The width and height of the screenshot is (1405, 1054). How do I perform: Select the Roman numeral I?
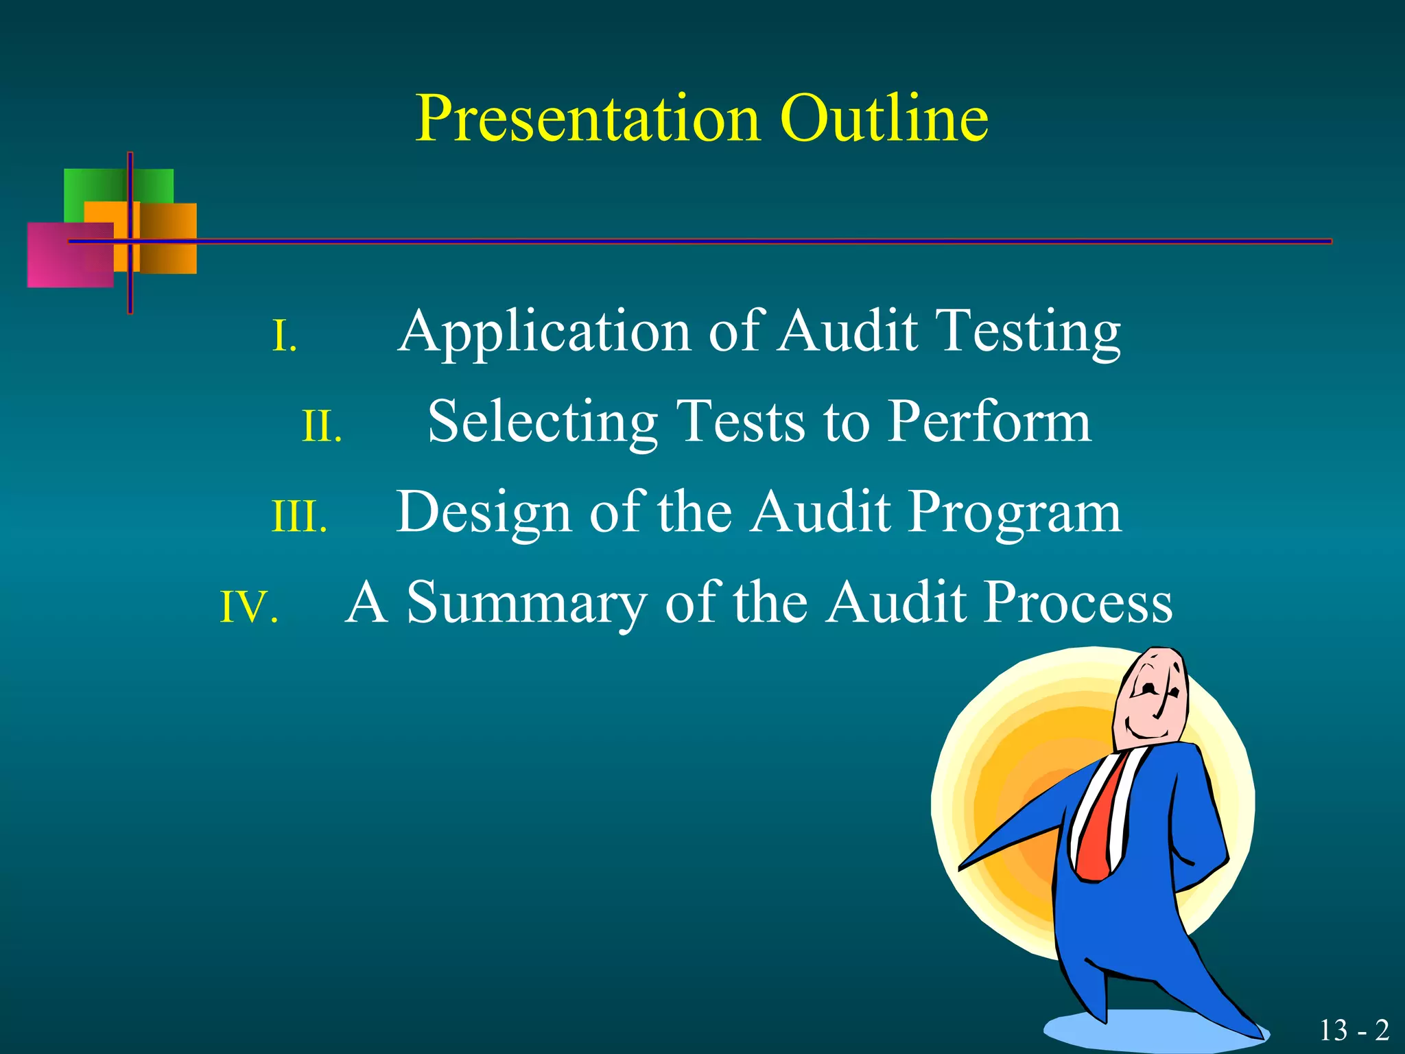coord(284,336)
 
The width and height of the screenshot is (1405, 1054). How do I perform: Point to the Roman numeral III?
coord(299,517)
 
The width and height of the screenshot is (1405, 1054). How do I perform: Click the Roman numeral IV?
coord(248,607)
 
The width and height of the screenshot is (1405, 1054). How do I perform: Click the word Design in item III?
coord(484,513)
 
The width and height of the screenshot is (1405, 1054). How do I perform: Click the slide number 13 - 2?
coord(1354,1030)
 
